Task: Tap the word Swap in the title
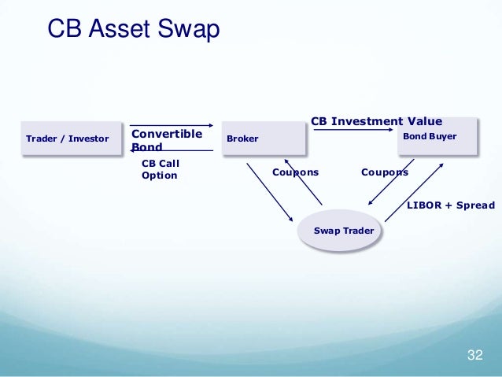point(189,29)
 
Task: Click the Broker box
point(263,139)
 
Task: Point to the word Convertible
point(166,135)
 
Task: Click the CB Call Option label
point(159,169)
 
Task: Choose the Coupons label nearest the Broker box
point(295,172)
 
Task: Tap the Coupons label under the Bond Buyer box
point(384,172)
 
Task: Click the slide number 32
point(474,354)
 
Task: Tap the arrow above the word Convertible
point(173,124)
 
